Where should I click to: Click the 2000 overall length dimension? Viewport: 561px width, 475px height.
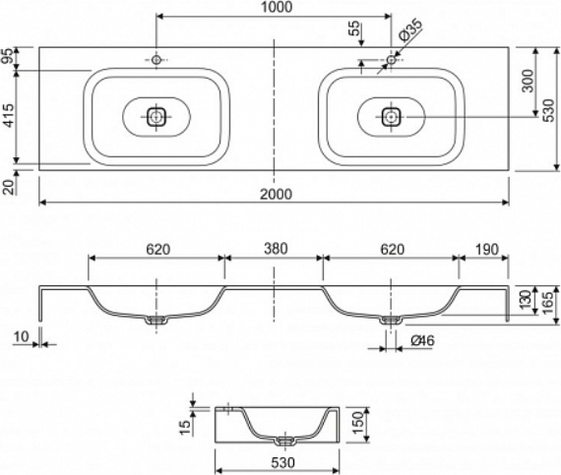pyautogui.click(x=276, y=195)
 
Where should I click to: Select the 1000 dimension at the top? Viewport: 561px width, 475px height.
pyautogui.click(x=276, y=7)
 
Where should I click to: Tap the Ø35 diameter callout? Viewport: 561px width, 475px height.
pyautogui.click(x=410, y=30)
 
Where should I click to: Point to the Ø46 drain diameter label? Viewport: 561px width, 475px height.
pyautogui.click(x=422, y=340)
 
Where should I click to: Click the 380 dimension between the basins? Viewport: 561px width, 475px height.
pyautogui.click(x=276, y=249)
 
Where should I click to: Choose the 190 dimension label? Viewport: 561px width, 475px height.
pyautogui.click(x=487, y=249)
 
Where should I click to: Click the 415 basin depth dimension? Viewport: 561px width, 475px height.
pyautogui.click(x=9, y=115)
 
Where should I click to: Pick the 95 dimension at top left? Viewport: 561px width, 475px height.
pyautogui.click(x=9, y=56)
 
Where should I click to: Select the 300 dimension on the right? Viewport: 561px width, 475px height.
pyautogui.click(x=528, y=81)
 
